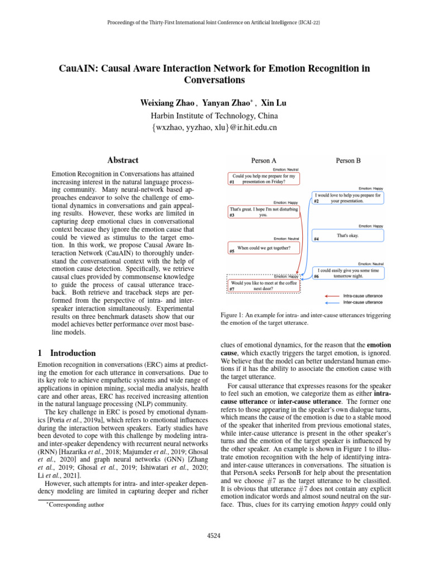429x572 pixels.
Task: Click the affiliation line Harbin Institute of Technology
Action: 214,116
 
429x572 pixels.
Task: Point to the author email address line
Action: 214,128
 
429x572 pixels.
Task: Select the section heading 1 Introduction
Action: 66,353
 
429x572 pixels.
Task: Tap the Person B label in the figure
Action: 348,160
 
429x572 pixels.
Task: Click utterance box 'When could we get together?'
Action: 263,248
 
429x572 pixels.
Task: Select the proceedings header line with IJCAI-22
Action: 214,23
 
